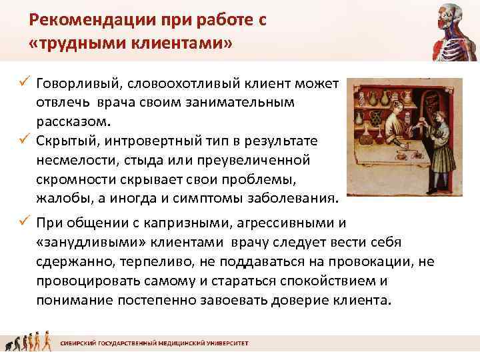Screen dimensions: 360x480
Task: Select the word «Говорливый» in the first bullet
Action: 74,83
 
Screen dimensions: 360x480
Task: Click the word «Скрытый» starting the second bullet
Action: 63,141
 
